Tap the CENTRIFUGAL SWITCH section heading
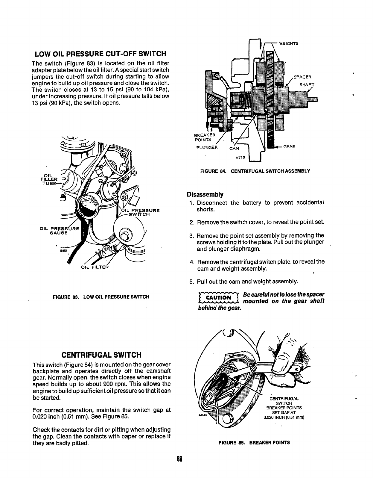(101, 355)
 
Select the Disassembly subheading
(205, 194)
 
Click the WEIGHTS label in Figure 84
(288, 43)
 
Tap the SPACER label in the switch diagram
(302, 76)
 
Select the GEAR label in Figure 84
(289, 147)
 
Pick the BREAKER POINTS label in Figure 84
(203, 137)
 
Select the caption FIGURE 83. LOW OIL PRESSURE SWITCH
(101, 297)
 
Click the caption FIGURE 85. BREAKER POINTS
(254, 442)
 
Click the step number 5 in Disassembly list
(191, 282)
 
